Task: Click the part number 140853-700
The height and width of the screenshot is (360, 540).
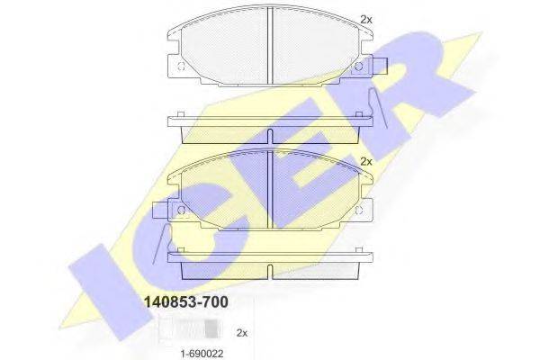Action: coord(186,302)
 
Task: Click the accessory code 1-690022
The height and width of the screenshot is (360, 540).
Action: coord(202,353)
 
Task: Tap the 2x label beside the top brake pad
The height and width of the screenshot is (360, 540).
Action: coord(366,20)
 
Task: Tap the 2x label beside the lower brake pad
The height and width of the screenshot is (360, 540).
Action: coord(366,161)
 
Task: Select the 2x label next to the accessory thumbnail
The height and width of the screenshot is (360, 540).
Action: coord(242,333)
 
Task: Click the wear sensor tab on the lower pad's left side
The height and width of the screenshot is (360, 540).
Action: coord(161,210)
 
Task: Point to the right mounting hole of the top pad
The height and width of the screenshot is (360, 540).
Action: coord(358,67)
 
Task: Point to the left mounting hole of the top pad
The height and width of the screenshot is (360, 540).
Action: coord(181,67)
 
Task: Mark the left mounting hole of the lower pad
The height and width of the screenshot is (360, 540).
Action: coord(181,210)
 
